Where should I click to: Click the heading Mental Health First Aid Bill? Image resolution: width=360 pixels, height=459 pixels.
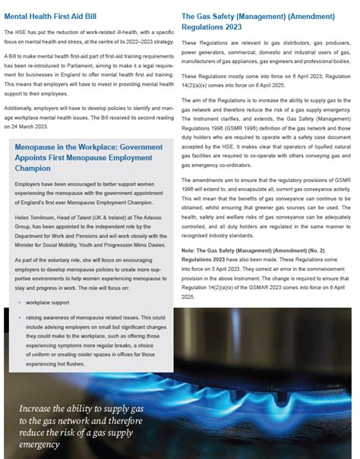50,14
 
